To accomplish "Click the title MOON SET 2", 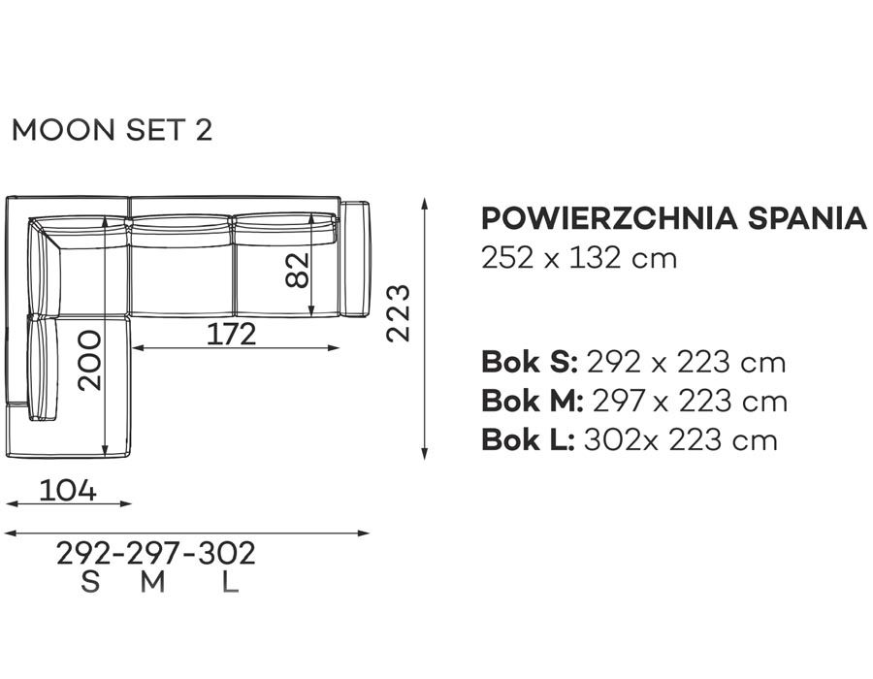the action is (112, 130).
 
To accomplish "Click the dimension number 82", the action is (298, 271).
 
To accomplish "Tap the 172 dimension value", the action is (232, 334).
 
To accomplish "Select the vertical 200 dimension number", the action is (89, 361).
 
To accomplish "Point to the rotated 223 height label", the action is (398, 312).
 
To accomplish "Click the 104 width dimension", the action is (68, 490).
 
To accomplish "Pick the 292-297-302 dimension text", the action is (156, 553).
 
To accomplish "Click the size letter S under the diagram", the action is (90, 582).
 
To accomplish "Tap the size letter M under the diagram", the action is (152, 582).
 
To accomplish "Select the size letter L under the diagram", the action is (230, 582).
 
